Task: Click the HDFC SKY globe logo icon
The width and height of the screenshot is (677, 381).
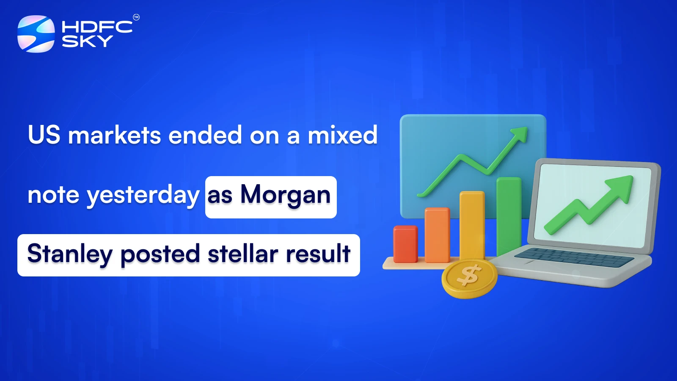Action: click(x=36, y=34)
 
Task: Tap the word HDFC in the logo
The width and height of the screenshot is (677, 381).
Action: click(x=97, y=27)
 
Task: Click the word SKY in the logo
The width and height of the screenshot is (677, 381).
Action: click(x=87, y=41)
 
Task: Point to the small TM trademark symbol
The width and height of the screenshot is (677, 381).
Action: click(x=136, y=17)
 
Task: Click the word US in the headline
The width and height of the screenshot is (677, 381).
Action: click(x=44, y=135)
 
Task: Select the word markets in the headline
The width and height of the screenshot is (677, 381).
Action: click(x=115, y=135)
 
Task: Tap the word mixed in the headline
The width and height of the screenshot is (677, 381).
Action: click(x=342, y=135)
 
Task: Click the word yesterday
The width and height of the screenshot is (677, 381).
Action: click(x=143, y=195)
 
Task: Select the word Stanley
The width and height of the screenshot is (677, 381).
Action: click(x=70, y=254)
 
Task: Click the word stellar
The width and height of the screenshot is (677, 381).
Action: click(x=243, y=254)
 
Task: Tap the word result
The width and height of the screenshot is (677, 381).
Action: click(x=318, y=254)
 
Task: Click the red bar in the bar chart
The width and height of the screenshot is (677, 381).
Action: click(x=405, y=244)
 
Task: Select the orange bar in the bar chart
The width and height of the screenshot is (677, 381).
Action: click(x=437, y=235)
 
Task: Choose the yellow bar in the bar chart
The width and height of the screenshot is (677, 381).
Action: click(x=472, y=224)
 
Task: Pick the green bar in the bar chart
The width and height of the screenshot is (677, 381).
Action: click(x=509, y=216)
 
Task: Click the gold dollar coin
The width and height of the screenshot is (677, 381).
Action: click(x=469, y=278)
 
